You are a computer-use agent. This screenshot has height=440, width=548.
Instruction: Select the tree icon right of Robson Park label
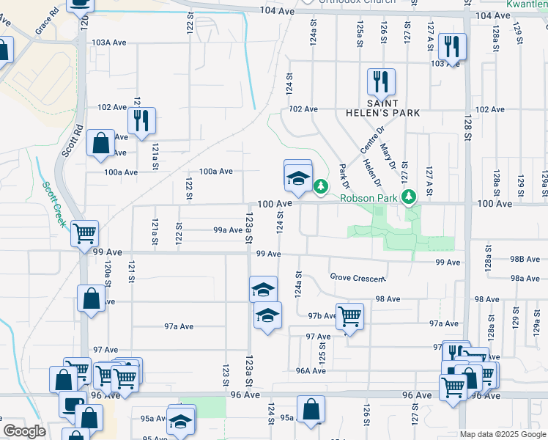[x=410, y=196]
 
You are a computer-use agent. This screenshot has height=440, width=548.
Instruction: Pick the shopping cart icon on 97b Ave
[x=349, y=316]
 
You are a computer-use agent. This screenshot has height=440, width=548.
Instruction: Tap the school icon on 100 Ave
[x=297, y=177]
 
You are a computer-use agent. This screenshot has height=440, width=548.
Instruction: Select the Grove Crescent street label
[x=357, y=279]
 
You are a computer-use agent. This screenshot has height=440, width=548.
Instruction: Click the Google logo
[x=24, y=431]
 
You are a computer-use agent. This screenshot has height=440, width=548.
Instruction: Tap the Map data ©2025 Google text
[x=502, y=434]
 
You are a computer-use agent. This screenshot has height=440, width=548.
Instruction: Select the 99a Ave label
[x=228, y=230]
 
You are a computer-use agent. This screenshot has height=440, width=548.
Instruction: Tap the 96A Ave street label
[x=311, y=370]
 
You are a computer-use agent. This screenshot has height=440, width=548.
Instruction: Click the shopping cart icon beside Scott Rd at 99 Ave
[x=85, y=234]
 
